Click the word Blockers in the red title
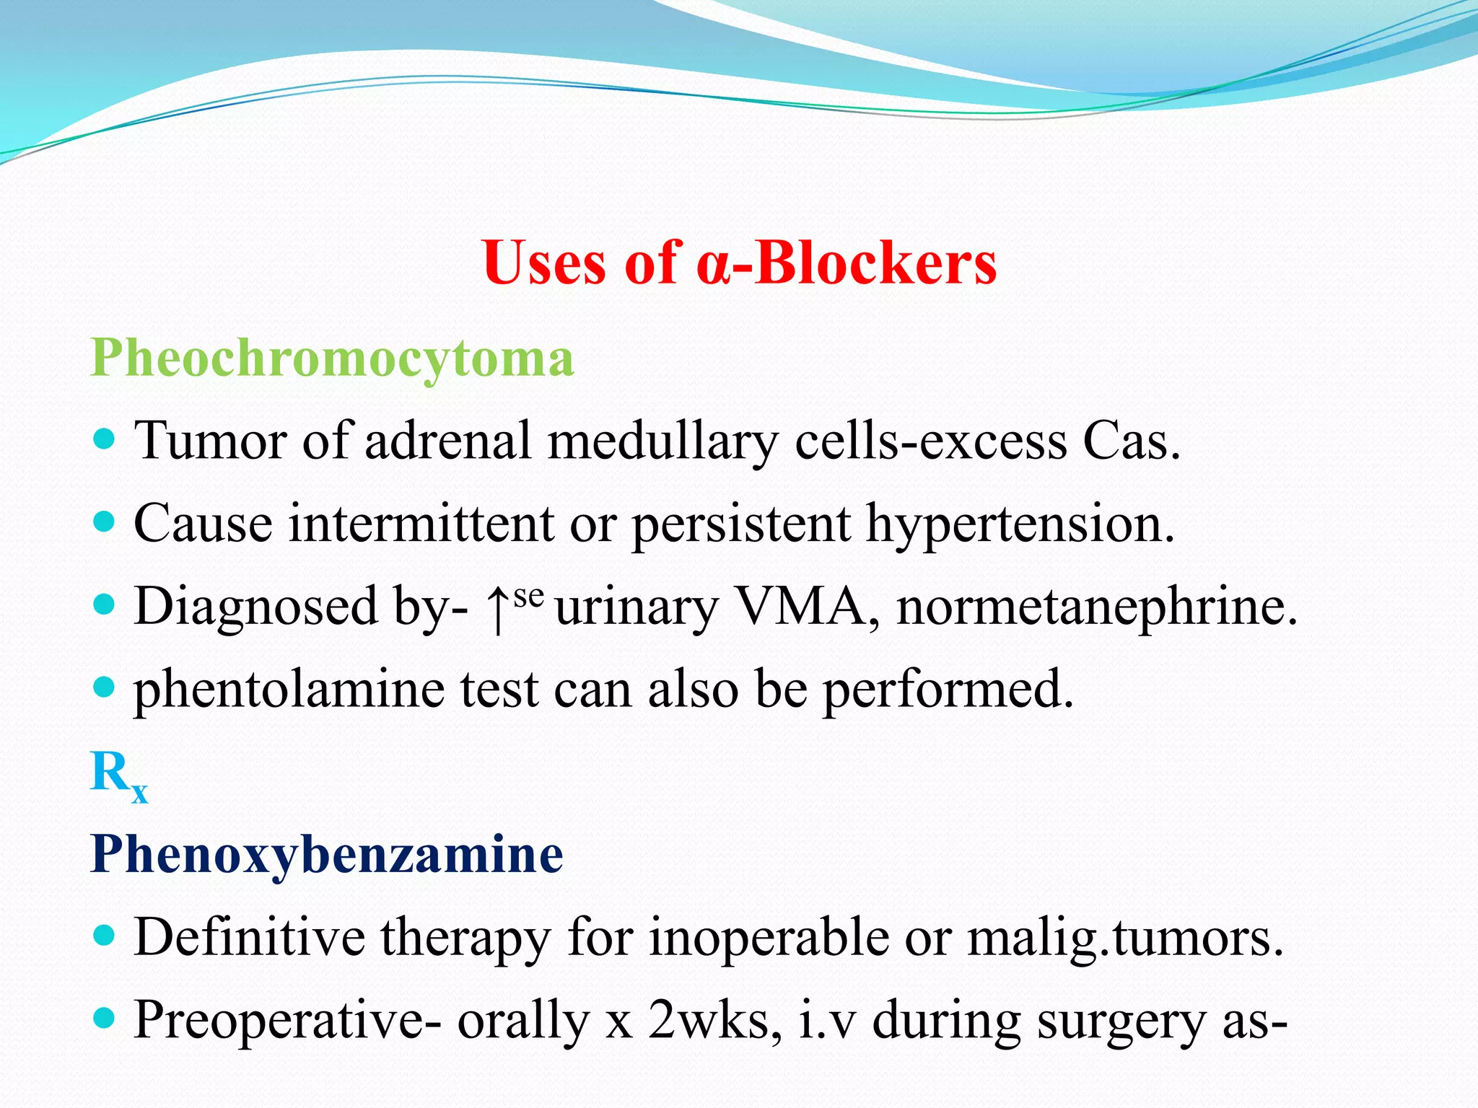[874, 263]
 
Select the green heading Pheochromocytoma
[332, 358]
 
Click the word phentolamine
[289, 690]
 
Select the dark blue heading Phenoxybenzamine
[327, 856]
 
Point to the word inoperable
[769, 938]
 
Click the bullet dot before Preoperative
[105, 1018]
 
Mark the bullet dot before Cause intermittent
[105, 522]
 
